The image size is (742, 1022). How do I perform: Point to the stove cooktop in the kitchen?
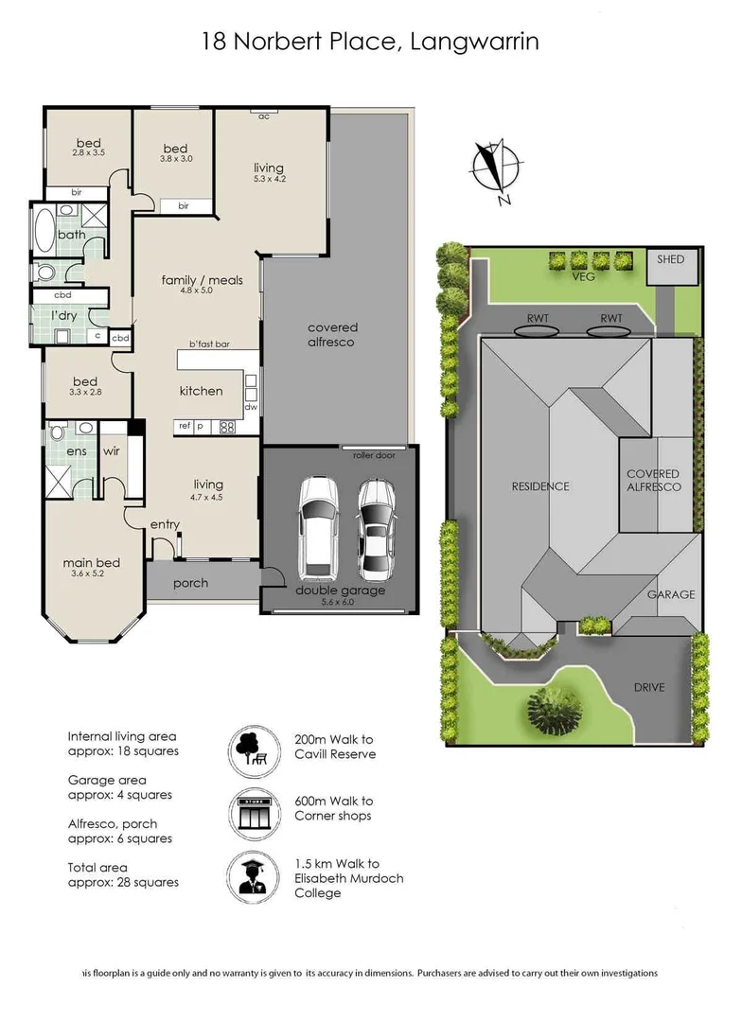227,427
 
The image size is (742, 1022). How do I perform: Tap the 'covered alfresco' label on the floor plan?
332,335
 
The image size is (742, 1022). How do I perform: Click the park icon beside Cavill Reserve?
251,748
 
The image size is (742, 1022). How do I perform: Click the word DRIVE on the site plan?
649,687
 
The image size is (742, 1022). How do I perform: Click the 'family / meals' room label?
203,280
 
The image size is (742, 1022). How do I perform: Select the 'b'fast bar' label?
209,344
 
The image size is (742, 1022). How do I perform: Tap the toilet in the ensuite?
59,432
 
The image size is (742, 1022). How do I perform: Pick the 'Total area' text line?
97,867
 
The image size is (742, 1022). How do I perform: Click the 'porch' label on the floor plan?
190,583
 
